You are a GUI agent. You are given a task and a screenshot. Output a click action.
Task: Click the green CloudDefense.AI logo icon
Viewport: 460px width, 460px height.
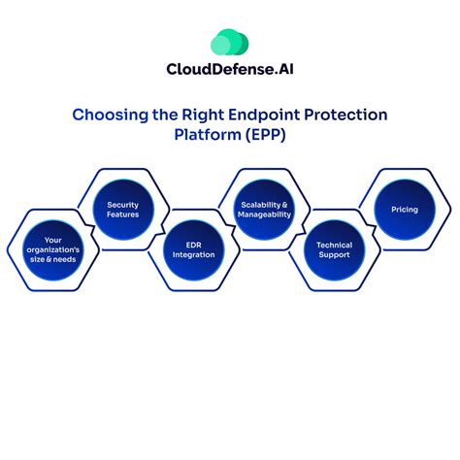[x=230, y=43]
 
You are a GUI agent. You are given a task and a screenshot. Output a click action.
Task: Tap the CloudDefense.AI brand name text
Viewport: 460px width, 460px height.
[x=230, y=69]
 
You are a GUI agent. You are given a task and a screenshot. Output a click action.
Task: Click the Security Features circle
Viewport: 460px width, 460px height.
[x=123, y=211]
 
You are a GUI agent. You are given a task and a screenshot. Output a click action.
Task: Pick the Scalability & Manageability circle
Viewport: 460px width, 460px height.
[x=265, y=211]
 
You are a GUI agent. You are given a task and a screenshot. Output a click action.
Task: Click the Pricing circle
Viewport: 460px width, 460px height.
[x=405, y=209]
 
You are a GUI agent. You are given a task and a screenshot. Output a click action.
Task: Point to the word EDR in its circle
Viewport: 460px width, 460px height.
[x=194, y=246]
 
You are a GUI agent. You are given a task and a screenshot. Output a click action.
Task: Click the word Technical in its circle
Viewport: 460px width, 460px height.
[x=335, y=246]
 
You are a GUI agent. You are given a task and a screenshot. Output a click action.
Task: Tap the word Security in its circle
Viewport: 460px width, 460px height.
[x=123, y=205]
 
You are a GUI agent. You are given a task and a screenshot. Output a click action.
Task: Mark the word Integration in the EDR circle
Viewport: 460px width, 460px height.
[x=194, y=257]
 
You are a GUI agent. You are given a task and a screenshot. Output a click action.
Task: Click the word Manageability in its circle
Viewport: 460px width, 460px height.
[x=265, y=215]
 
